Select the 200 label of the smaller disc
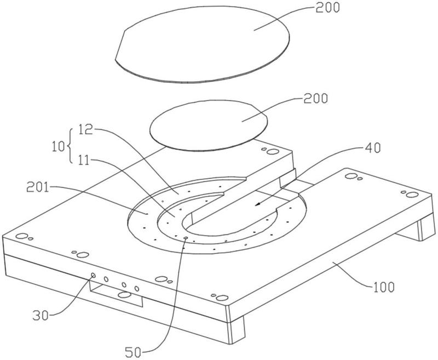pyautogui.click(x=316, y=99)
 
